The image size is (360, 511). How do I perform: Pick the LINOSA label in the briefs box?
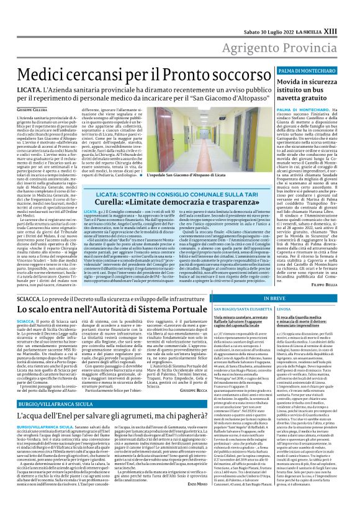tap(284, 308)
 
